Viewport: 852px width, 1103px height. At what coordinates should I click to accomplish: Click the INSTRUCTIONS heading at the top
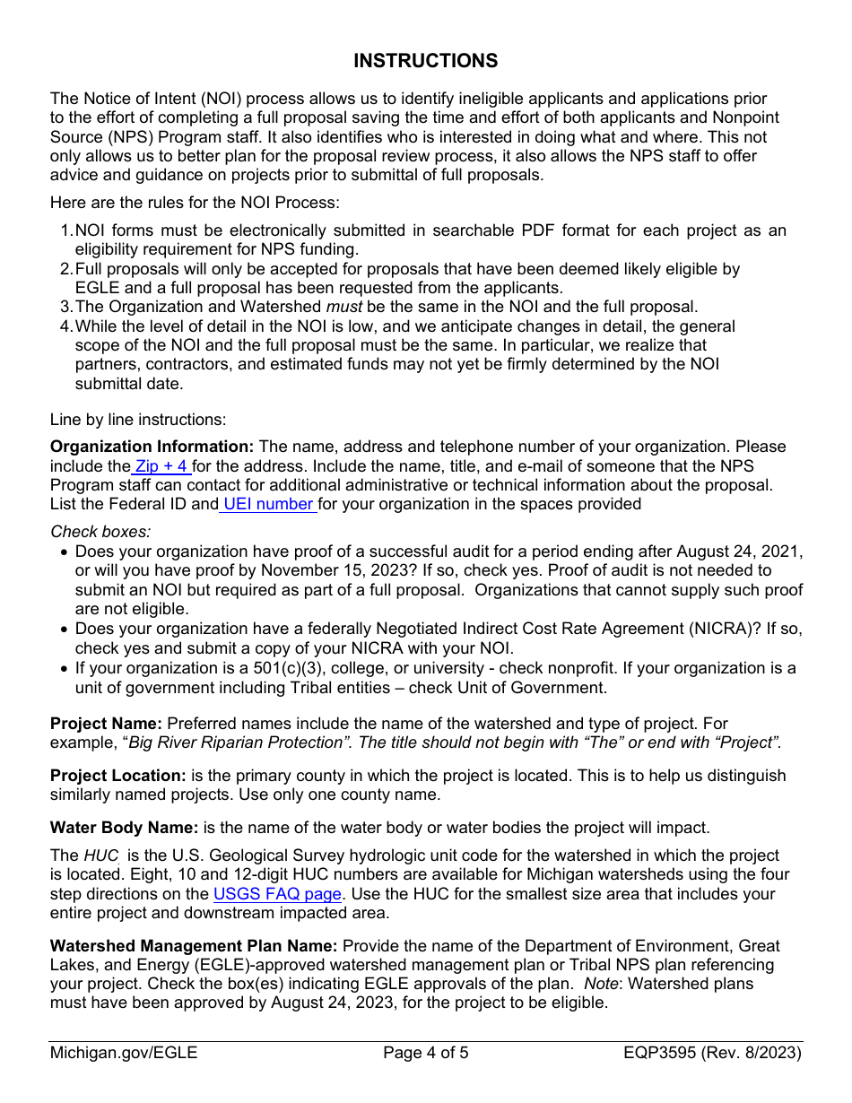click(x=425, y=61)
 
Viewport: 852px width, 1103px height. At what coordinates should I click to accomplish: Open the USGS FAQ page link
click(x=277, y=894)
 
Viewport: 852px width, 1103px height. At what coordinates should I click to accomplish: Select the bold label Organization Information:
click(x=152, y=447)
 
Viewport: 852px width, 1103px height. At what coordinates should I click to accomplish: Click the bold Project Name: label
click(x=106, y=724)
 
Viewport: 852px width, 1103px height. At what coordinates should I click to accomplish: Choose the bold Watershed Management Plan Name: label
click(x=194, y=946)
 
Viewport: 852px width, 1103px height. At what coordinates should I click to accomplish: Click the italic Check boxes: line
click(x=100, y=532)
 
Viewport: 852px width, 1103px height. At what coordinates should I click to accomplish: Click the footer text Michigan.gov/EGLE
click(x=124, y=1053)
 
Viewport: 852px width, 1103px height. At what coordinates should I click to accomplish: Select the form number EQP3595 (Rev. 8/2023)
click(x=713, y=1053)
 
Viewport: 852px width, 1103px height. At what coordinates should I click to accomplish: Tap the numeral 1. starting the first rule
click(x=66, y=230)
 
